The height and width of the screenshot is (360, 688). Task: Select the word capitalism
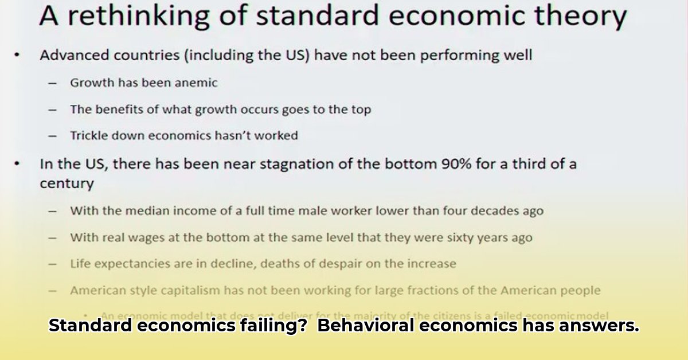[191, 291]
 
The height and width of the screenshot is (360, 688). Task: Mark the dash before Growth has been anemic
[53, 83]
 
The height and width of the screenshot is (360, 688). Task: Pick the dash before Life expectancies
[53, 264]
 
